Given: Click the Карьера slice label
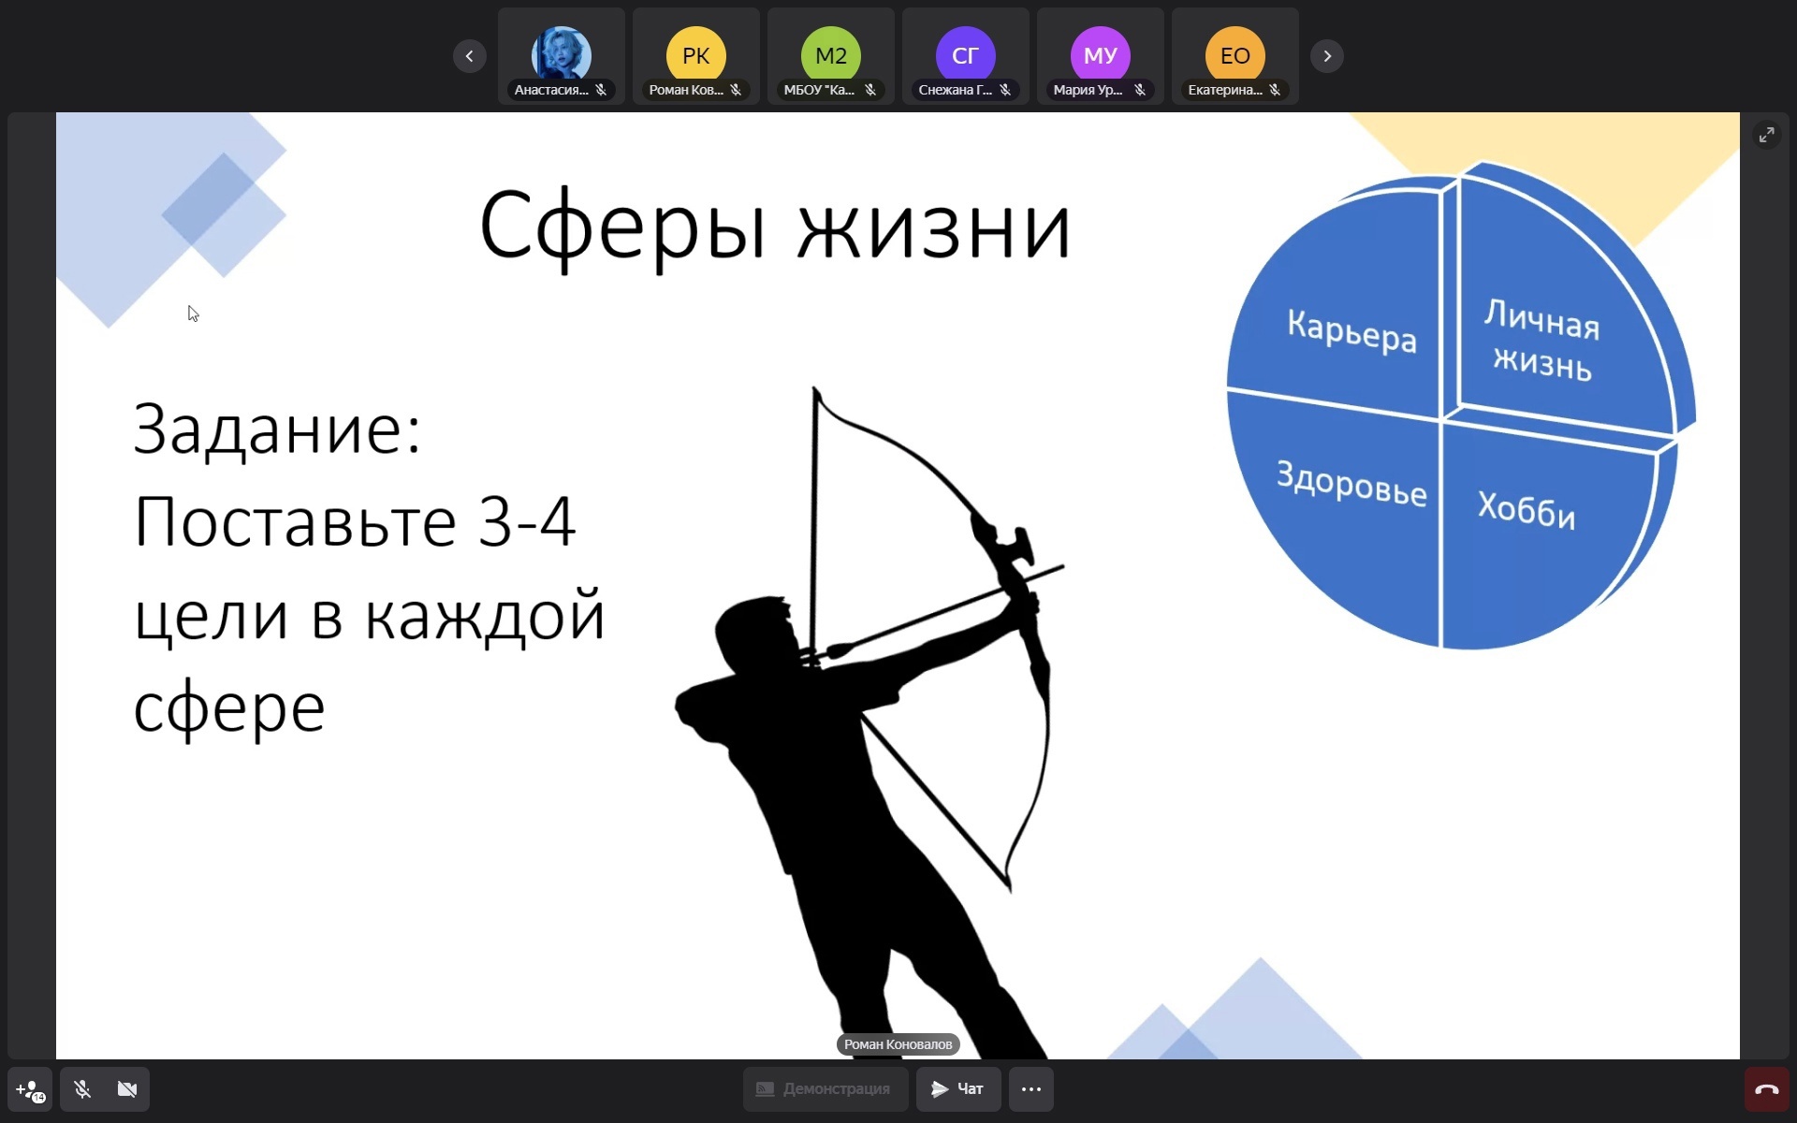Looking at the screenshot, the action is point(1351,330).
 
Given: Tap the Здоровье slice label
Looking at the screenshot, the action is point(1351,483).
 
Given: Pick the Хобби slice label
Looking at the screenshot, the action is point(1527,510).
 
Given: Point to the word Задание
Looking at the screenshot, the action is point(278,430).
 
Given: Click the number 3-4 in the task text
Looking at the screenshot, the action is point(527,521).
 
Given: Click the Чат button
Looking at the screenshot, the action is point(958,1089).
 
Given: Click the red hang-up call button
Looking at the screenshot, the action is point(1767,1089).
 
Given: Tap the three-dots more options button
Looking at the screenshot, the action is point(1031,1089).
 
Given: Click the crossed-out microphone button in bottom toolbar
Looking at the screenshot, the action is point(82,1089).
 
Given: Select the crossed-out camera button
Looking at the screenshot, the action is point(127,1089).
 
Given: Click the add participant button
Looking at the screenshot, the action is point(30,1089).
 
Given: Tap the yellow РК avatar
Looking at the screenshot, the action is point(696,55).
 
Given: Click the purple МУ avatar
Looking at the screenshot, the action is point(1101,55).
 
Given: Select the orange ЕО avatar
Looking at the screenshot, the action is point(1235,55).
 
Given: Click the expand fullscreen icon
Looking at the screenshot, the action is point(1767,136).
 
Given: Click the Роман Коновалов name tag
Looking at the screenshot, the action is point(898,1044).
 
